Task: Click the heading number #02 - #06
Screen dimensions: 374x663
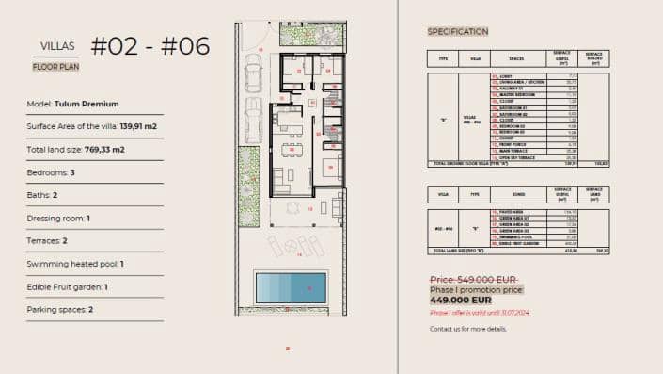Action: pyautogui.click(x=150, y=45)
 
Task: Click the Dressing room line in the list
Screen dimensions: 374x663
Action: pyautogui.click(x=58, y=218)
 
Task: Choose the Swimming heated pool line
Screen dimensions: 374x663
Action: pyautogui.click(x=75, y=264)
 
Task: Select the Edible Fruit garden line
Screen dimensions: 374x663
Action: pyautogui.click(x=67, y=286)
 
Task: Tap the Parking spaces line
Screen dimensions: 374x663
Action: pyautogui.click(x=60, y=310)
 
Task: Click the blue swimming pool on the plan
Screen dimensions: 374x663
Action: pyautogui.click(x=291, y=285)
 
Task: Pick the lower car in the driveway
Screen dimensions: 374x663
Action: pyautogui.click(x=253, y=120)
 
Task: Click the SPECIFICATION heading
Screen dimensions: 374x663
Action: pyautogui.click(x=458, y=31)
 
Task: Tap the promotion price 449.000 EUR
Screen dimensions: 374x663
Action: pyautogui.click(x=461, y=301)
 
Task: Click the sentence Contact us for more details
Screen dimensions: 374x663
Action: pyautogui.click(x=468, y=329)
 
